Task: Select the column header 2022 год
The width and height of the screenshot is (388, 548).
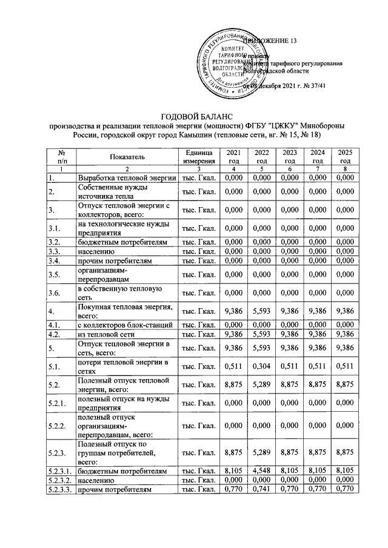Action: pos(261,156)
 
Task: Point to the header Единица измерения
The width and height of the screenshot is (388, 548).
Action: pos(197,156)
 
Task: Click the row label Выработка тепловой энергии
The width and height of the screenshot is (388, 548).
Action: pos(125,178)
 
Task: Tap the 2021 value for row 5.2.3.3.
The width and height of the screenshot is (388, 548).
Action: pos(233,487)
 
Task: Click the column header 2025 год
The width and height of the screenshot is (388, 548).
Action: pos(344,156)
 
